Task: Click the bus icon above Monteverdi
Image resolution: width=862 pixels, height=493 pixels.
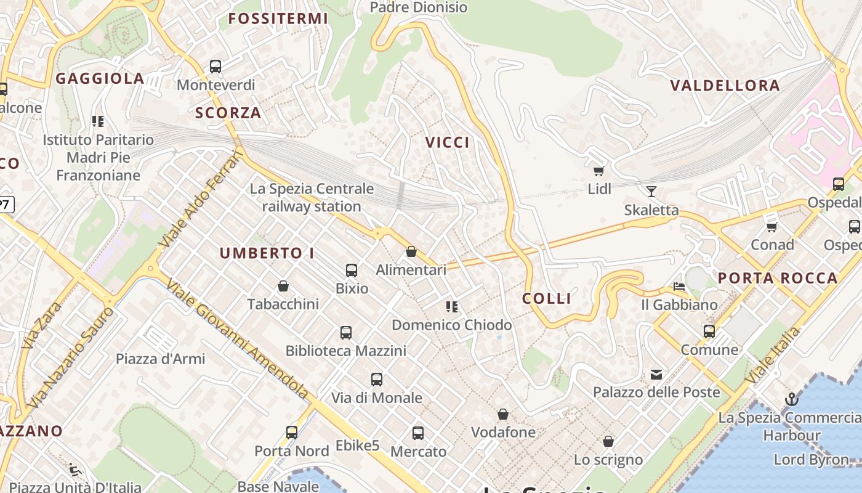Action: click(215, 66)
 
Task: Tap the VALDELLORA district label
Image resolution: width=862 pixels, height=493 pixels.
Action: click(725, 86)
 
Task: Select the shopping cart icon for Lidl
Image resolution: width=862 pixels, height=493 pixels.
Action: click(598, 170)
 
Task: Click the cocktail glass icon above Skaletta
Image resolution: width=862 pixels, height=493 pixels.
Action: click(651, 191)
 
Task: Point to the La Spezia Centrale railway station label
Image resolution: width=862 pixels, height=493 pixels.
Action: click(312, 197)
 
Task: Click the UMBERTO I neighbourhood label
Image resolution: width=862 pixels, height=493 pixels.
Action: click(267, 253)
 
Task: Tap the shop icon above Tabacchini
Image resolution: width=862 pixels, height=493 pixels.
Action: click(283, 286)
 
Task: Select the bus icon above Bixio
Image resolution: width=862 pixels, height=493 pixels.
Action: click(352, 270)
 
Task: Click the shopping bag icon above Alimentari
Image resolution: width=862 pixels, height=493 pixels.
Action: click(411, 251)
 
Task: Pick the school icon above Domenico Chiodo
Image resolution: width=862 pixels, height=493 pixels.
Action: click(452, 306)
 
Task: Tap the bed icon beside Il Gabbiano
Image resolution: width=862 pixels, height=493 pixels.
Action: click(679, 287)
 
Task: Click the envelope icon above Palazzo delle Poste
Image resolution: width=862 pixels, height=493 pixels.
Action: click(656, 374)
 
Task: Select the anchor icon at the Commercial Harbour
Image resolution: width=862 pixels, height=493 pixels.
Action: click(791, 399)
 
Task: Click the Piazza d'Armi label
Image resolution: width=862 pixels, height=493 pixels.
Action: click(161, 359)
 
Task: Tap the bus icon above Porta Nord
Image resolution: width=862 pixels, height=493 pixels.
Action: click(292, 432)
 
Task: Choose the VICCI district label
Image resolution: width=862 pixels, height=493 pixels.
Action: click(448, 142)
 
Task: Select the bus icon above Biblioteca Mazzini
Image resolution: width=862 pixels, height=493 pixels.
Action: click(346, 333)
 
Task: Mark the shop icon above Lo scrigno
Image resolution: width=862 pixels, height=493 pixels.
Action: click(608, 441)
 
